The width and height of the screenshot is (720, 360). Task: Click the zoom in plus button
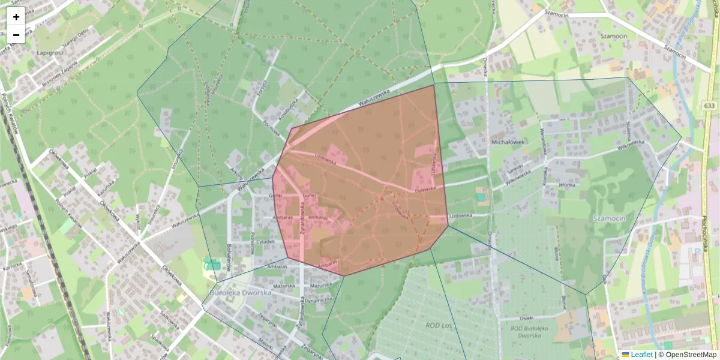click(16, 17)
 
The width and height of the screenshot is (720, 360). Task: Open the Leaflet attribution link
click(641, 355)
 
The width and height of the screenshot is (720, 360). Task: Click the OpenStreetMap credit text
click(691, 355)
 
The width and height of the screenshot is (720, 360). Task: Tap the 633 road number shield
click(709, 106)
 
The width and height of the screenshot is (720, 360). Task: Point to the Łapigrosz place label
click(50, 53)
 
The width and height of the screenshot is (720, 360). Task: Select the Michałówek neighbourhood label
click(508, 142)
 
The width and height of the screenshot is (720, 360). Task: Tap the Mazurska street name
click(284, 287)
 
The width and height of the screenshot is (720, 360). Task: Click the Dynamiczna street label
click(318, 299)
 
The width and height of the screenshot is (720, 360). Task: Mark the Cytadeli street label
click(265, 241)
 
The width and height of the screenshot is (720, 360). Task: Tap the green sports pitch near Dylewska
click(481, 196)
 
